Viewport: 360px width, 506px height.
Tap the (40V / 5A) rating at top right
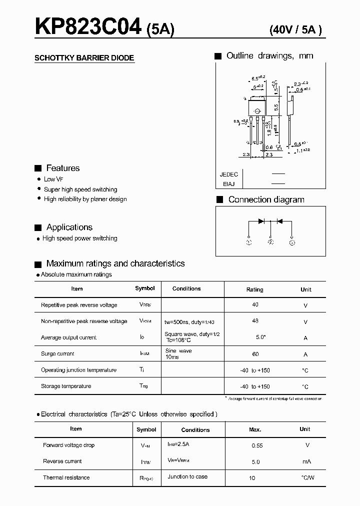(x=295, y=29)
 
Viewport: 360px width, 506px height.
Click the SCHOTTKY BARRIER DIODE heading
(x=84, y=58)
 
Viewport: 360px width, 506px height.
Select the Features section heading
(x=63, y=168)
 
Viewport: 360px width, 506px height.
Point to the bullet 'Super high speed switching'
(x=80, y=189)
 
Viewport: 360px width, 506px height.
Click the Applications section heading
(x=69, y=227)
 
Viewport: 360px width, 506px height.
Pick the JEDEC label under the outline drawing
(x=229, y=174)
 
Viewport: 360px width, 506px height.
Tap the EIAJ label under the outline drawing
(x=229, y=184)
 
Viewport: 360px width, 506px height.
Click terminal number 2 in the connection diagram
(x=270, y=242)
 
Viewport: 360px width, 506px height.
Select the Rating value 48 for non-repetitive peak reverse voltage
(x=255, y=321)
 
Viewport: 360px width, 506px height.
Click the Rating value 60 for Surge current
(x=255, y=353)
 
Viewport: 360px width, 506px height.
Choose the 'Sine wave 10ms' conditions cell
(x=178, y=354)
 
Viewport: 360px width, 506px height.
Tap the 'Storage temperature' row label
(x=66, y=386)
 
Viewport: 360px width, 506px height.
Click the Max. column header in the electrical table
(x=255, y=429)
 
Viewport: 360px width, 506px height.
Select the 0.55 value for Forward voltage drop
(x=257, y=445)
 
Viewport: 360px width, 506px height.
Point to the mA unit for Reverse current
(x=307, y=461)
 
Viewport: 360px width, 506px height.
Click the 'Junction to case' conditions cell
(x=187, y=476)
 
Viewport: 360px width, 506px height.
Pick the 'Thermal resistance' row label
(x=66, y=477)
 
